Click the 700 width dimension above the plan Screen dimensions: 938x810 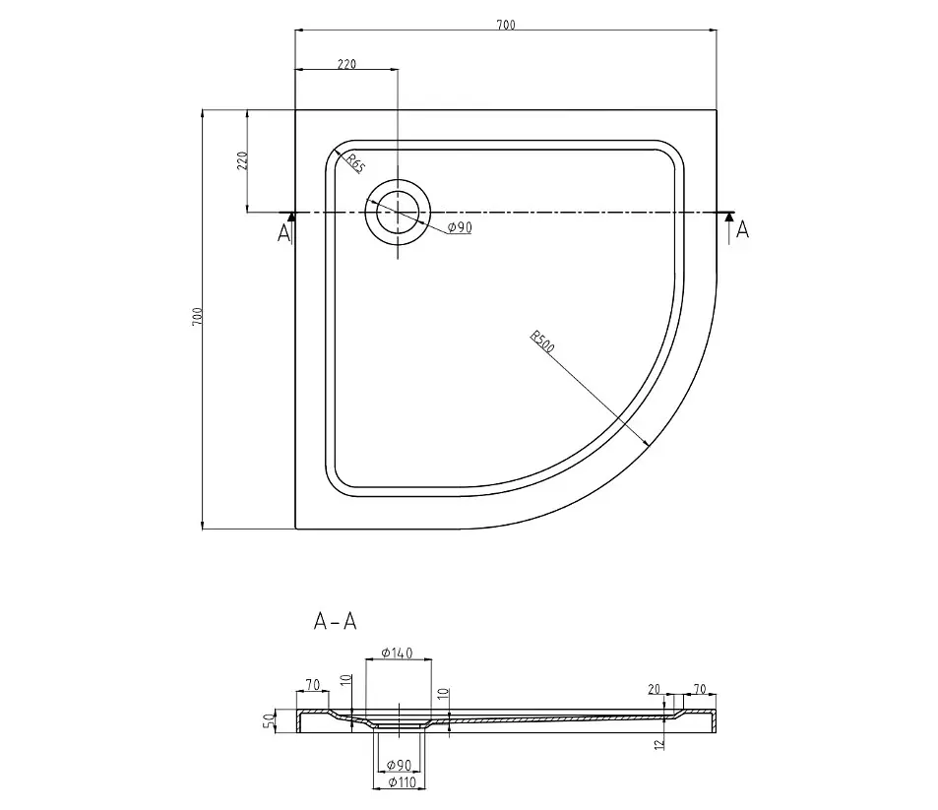click(506, 25)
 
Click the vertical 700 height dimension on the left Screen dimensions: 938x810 click(198, 316)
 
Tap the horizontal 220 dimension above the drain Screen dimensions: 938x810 click(347, 64)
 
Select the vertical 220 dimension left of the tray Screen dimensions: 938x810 click(242, 160)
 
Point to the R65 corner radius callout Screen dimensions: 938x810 click(355, 163)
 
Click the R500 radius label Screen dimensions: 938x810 click(542, 341)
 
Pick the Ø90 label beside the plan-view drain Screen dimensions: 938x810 click(460, 227)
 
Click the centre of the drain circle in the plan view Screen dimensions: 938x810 click(398, 212)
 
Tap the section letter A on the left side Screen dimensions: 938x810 click(283, 232)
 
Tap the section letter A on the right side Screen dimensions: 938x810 click(742, 229)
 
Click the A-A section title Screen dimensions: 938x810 click(335, 622)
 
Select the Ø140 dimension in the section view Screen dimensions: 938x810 click(398, 653)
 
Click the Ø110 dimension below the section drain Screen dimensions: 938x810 click(402, 781)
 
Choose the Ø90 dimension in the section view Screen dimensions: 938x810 click(399, 765)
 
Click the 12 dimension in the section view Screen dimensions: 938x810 click(659, 744)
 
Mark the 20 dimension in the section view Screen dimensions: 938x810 click(654, 689)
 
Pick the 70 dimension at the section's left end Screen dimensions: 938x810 click(313, 685)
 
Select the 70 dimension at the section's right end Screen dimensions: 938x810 click(699, 689)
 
